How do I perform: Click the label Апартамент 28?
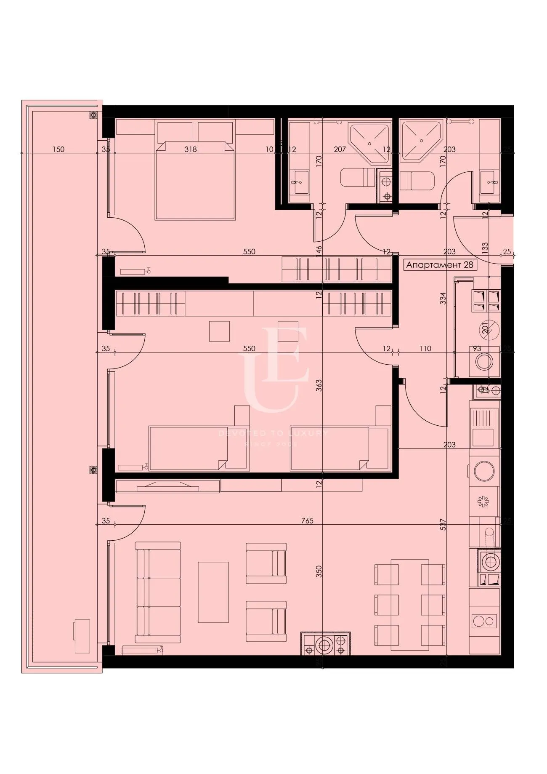tap(440, 265)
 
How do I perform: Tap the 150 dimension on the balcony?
tap(58, 149)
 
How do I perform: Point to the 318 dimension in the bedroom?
tap(191, 149)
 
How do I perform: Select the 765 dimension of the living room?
tap(307, 521)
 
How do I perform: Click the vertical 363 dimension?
tap(319, 386)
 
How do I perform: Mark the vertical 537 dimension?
tap(443, 524)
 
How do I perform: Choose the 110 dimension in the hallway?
tap(425, 349)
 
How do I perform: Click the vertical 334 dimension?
tap(443, 299)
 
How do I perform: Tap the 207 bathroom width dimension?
tap(340, 149)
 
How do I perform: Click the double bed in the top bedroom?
tap(194, 180)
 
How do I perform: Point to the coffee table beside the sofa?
tap(213, 592)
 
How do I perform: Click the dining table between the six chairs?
tap(410, 605)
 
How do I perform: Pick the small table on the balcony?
tap(82, 636)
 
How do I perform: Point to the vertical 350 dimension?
tap(319, 571)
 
